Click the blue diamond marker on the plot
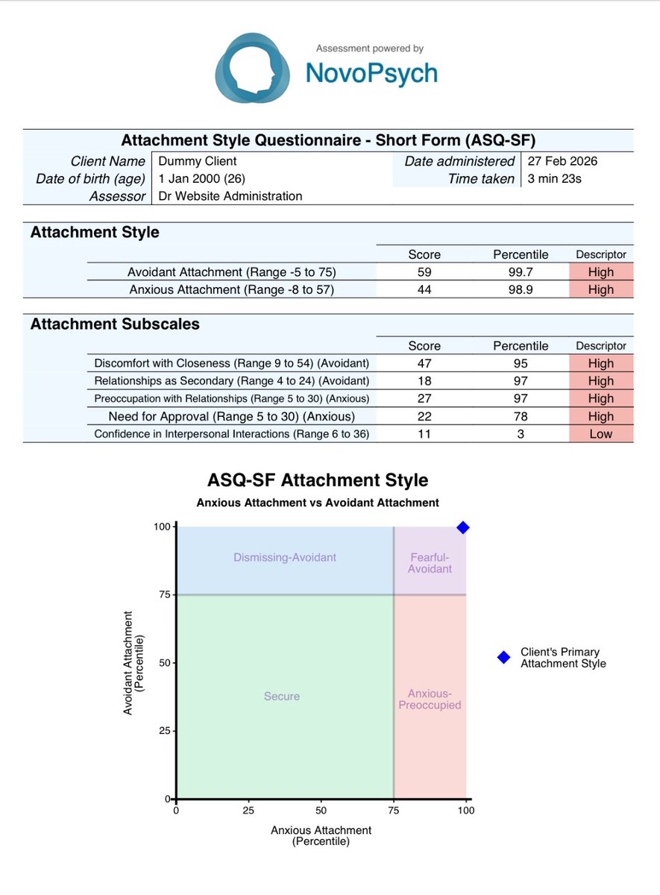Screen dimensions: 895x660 [463, 527]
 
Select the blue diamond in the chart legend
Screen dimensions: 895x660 [503, 657]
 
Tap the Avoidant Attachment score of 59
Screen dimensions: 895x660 [424, 271]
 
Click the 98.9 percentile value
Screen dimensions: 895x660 [520, 289]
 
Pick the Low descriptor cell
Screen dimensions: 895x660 [600, 434]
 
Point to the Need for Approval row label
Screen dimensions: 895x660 [231, 416]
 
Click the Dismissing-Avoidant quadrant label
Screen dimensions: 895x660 [285, 557]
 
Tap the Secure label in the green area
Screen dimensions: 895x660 [282, 696]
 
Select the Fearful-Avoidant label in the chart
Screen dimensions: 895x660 [431, 563]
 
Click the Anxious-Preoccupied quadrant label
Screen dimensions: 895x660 [430, 699]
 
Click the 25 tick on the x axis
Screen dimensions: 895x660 [248, 811]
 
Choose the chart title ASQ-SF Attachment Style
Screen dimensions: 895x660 [318, 480]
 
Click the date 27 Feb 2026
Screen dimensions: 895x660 [562, 161]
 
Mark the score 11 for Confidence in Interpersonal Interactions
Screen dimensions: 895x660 [424, 434]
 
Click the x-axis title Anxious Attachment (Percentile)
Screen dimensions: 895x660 [321, 835]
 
